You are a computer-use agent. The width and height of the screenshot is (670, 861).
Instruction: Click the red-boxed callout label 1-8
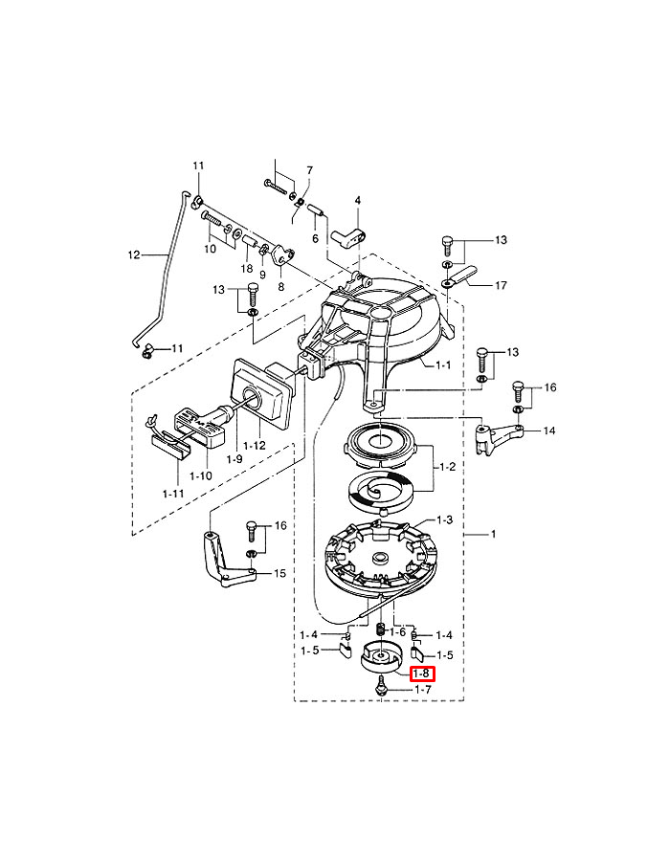pos(422,673)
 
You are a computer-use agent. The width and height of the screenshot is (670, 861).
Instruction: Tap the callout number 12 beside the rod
pos(134,254)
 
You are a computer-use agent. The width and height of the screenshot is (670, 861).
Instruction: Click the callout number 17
pos(501,285)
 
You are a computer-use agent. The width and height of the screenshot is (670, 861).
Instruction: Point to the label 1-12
pos(255,445)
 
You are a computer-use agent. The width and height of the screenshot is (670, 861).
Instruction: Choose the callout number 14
pos(548,430)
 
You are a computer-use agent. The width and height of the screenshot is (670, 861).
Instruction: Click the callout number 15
pos(279,573)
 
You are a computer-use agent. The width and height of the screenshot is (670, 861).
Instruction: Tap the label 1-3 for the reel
pos(444,519)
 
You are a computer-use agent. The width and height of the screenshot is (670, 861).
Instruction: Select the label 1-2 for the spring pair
pos(447,467)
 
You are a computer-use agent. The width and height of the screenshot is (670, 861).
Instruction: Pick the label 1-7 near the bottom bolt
pos(422,690)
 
